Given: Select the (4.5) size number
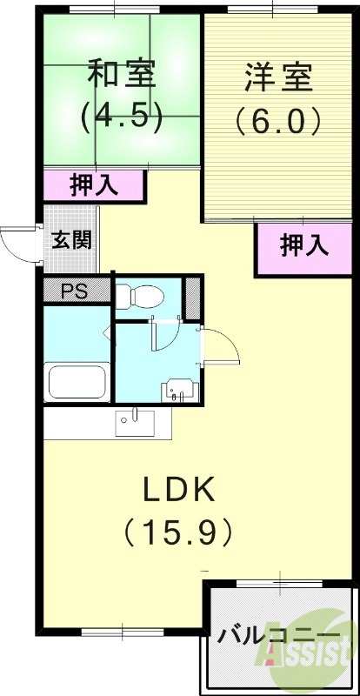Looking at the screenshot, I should [x=122, y=117].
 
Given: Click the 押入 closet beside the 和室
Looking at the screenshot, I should [x=94, y=185].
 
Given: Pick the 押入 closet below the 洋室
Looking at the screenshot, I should [x=304, y=247].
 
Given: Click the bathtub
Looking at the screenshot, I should [x=77, y=382].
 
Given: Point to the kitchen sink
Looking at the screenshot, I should [x=136, y=421].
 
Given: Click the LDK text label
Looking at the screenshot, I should [x=178, y=492].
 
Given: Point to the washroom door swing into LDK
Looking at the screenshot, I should [x=223, y=348].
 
